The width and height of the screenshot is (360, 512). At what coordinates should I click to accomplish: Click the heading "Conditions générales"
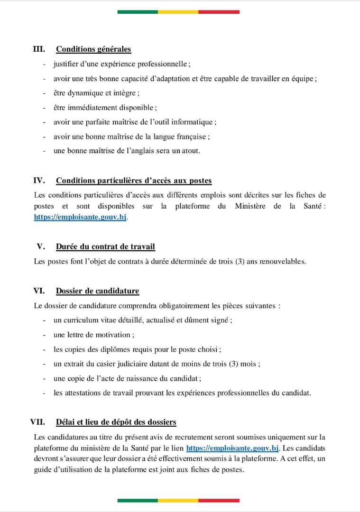93,49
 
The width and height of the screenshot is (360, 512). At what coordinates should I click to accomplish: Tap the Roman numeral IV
39,181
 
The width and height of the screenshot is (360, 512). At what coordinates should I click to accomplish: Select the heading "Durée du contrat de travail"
105,247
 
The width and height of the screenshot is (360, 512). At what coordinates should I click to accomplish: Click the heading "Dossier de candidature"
97,291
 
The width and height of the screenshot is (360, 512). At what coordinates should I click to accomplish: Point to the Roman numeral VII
37,422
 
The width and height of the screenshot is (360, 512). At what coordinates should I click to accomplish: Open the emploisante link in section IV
81,218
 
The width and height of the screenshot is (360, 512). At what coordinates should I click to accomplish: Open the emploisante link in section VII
232,448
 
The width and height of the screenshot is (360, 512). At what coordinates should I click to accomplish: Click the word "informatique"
194,122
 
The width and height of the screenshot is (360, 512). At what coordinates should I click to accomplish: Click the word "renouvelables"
281,261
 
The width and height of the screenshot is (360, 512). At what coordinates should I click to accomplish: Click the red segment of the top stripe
219,12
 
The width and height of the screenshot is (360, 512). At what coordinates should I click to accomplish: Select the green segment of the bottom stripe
138,500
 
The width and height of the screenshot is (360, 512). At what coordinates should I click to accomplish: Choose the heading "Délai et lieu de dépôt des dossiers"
116,422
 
